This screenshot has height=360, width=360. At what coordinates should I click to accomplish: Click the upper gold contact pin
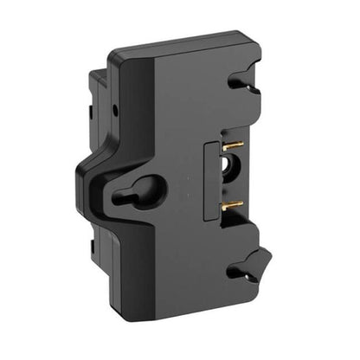click(232, 148)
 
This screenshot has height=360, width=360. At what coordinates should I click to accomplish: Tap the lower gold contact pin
click(232, 206)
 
